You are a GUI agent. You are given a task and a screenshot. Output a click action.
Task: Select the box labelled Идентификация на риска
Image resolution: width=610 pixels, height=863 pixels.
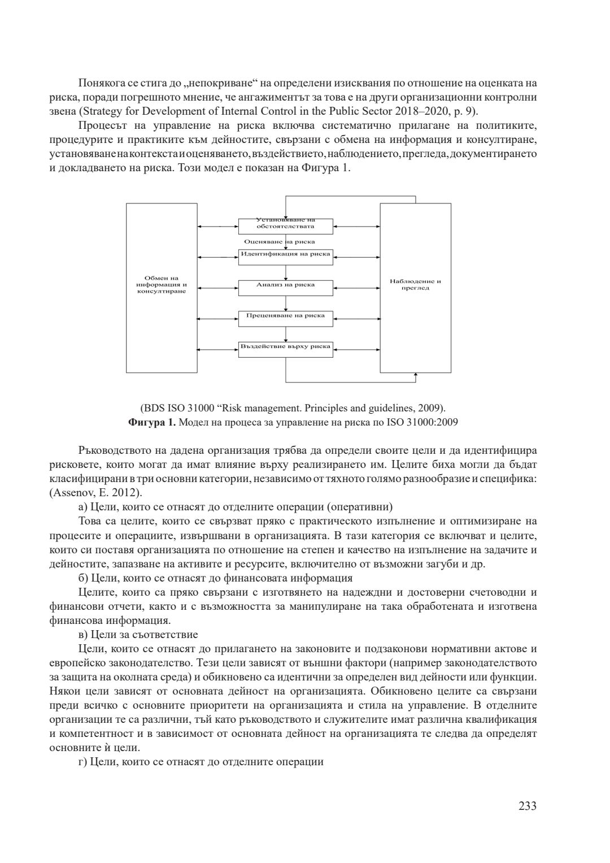click(285, 256)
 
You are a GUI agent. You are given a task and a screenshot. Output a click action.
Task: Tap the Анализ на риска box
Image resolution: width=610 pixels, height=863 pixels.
click(285, 287)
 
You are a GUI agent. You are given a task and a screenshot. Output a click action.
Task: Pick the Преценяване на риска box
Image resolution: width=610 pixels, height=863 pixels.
click(285, 318)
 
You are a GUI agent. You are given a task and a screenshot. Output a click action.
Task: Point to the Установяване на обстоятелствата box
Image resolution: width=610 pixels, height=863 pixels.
click(285, 225)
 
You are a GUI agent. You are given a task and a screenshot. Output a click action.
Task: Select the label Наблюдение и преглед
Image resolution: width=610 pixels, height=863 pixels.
click(415, 284)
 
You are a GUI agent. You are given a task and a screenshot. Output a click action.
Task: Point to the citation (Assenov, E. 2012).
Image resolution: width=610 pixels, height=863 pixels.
click(95, 492)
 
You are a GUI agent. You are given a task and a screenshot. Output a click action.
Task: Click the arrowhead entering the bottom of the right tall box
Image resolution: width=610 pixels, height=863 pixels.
click(416, 375)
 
